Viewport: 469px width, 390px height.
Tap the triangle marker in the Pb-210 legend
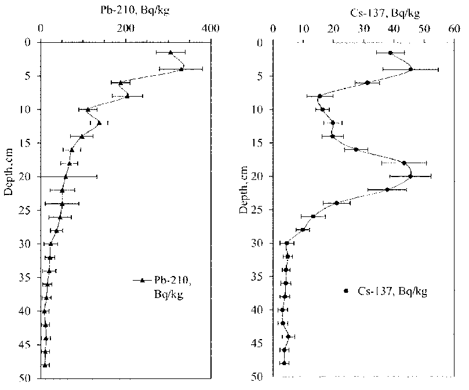click(142, 281)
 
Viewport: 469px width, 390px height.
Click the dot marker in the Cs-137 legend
click(347, 291)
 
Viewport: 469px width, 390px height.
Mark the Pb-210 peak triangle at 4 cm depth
click(181, 69)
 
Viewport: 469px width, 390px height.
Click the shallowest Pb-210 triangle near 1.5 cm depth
click(170, 53)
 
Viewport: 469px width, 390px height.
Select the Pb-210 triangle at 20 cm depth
click(66, 176)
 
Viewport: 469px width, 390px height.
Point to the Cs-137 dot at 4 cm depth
click(410, 69)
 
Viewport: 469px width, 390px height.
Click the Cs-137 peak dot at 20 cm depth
click(410, 176)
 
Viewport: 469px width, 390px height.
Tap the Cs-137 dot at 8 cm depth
click(319, 96)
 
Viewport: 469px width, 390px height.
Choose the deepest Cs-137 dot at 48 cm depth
click(284, 363)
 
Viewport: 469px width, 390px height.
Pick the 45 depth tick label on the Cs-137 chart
click(262, 343)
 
